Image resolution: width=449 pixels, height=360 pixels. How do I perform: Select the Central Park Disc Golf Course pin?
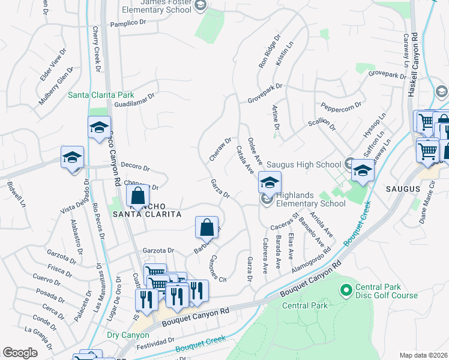pyautogui.click(x=346, y=290)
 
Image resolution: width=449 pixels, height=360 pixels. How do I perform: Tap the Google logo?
pyautogui.click(x=20, y=353)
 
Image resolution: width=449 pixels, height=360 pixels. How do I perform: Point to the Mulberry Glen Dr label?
pyautogui.click(x=56, y=86)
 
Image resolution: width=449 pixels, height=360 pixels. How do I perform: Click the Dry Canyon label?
pyautogui.click(x=127, y=335)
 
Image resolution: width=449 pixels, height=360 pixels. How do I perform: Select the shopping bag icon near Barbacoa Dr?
pyautogui.click(x=206, y=227)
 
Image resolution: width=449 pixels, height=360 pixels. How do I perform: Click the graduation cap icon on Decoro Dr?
pyautogui.click(x=72, y=158)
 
